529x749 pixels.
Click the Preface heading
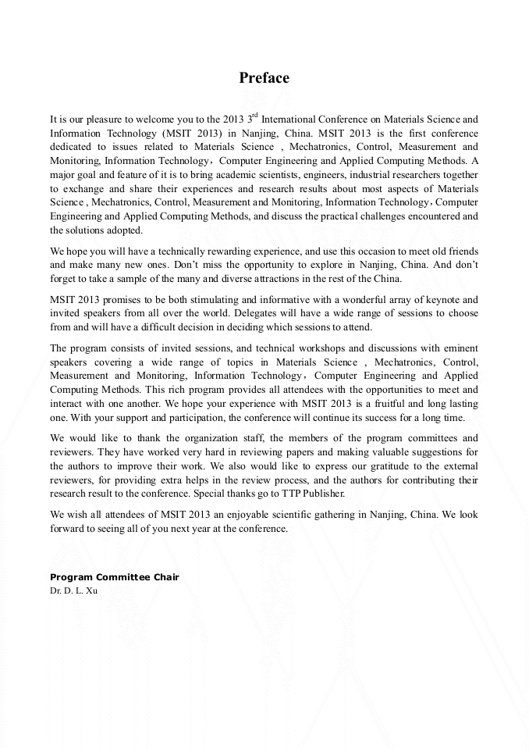264,78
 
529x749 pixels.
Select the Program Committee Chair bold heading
114,577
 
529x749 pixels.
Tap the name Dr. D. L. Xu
73,590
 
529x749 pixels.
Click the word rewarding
217,251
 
